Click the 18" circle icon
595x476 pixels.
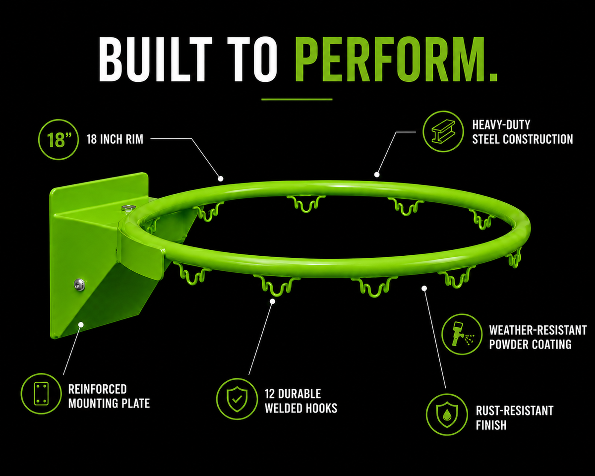click(x=59, y=139)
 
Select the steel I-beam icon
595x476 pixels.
click(x=443, y=131)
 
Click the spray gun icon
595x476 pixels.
click(x=462, y=334)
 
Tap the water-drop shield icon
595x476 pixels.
click(x=447, y=415)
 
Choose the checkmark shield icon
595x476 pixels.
click(x=237, y=399)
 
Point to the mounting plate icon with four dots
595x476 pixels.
click(x=41, y=394)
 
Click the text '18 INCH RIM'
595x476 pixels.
click(x=115, y=139)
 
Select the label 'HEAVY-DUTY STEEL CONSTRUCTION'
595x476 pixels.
click(x=522, y=132)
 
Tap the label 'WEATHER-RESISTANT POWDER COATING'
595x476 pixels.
click(x=537, y=337)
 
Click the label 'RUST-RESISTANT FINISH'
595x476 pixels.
click(x=514, y=418)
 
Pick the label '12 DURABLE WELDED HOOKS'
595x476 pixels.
click(x=301, y=401)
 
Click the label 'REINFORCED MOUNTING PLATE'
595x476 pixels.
click(x=109, y=396)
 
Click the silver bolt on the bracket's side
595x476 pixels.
click(x=79, y=284)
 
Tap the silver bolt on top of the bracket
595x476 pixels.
click(x=129, y=207)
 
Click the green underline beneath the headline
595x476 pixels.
click(x=297, y=99)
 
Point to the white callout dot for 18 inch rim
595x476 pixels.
click(x=220, y=179)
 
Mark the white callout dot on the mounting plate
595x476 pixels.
click(x=81, y=324)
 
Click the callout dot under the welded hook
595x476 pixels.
click(x=272, y=301)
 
